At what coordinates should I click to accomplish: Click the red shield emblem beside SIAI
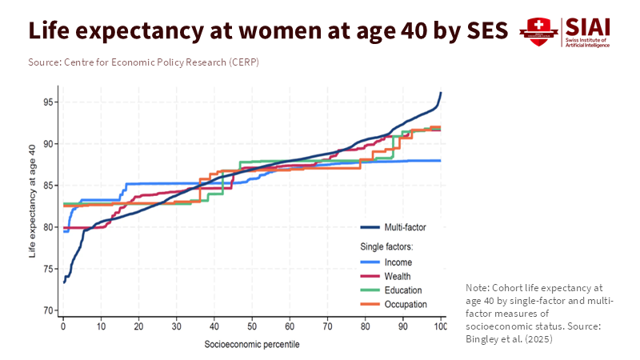click(x=538, y=31)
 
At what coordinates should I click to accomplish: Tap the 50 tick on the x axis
click(x=252, y=327)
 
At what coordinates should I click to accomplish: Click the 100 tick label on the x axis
click(x=440, y=327)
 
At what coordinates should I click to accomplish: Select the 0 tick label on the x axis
click(x=63, y=327)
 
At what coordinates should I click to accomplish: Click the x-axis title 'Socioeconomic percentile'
click(x=252, y=345)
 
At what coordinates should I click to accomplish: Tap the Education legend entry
click(x=402, y=290)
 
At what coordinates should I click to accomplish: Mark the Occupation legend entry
click(x=404, y=304)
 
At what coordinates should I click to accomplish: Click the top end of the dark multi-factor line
click(x=441, y=93)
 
